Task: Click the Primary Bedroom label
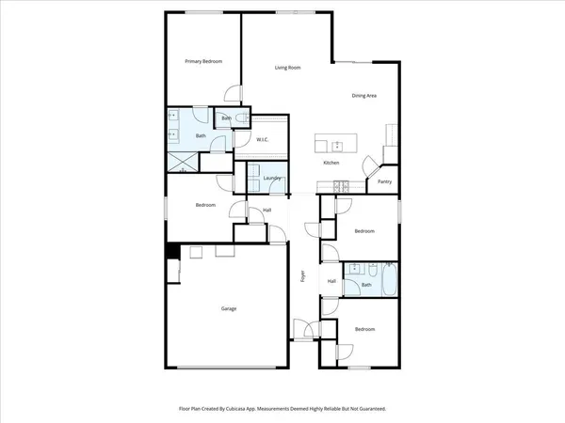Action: click(203, 61)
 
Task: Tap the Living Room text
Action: click(287, 68)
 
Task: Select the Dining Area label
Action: click(364, 96)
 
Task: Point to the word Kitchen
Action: click(331, 163)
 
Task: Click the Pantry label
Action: click(384, 180)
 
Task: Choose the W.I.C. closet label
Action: click(265, 140)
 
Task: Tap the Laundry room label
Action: click(273, 178)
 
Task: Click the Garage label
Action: click(229, 309)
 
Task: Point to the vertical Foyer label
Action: click(302, 276)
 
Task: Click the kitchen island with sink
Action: click(336, 145)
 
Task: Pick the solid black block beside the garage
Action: click(172, 251)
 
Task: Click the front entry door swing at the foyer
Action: click(303, 329)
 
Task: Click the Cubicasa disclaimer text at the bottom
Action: click(282, 409)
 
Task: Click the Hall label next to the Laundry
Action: click(267, 210)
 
